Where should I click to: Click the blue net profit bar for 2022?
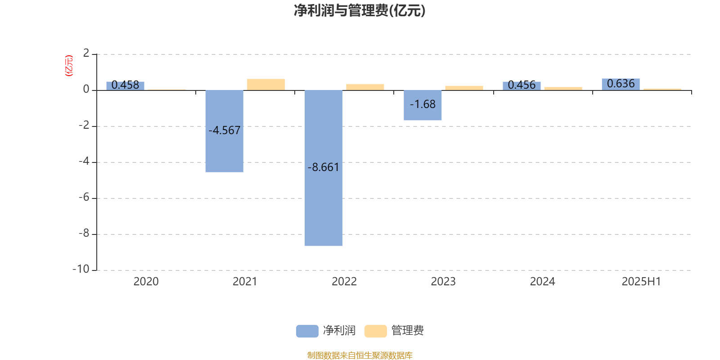(x=324, y=168)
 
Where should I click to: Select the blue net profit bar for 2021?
(x=225, y=131)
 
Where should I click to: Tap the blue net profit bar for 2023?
(x=423, y=105)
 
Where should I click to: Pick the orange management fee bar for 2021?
(x=266, y=85)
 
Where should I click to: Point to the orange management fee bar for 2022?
(x=365, y=87)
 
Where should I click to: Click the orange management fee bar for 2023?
(x=464, y=88)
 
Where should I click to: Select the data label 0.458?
(x=125, y=85)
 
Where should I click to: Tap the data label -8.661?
(x=324, y=167)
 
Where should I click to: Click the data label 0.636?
(x=621, y=84)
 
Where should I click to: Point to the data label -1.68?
(x=423, y=104)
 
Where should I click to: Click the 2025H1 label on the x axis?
(x=641, y=282)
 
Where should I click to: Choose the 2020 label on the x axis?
(x=146, y=282)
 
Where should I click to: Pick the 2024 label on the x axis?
(x=543, y=282)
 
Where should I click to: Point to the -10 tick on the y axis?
(x=81, y=269)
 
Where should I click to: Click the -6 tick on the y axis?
(x=84, y=197)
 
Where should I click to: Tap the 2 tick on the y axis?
(x=86, y=53)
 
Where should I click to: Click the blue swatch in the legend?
(x=307, y=331)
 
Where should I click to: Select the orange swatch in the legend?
(x=375, y=331)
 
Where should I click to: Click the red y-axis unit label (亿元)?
(x=69, y=66)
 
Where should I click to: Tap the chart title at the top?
(x=360, y=11)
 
